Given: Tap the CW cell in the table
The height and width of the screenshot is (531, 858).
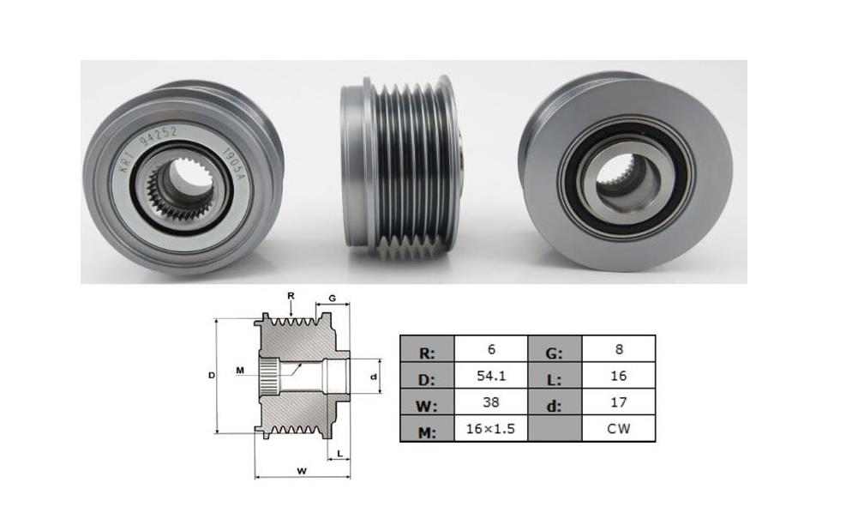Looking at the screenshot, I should pyautogui.click(x=618, y=428).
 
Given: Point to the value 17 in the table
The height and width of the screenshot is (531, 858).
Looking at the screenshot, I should pyautogui.click(x=618, y=402).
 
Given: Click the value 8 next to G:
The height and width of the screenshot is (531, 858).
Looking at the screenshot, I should pyautogui.click(x=618, y=350).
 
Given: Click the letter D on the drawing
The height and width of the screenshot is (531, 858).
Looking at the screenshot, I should pyautogui.click(x=211, y=376).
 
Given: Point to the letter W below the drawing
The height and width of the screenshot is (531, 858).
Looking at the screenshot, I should pyautogui.click(x=301, y=470).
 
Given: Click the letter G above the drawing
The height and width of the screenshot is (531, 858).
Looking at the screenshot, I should pyautogui.click(x=332, y=299).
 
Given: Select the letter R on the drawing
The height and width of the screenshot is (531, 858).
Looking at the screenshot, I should pyautogui.click(x=291, y=296).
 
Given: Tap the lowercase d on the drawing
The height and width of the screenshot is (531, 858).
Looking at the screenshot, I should pyautogui.click(x=374, y=376).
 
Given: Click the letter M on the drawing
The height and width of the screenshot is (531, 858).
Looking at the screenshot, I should pyautogui.click(x=241, y=370).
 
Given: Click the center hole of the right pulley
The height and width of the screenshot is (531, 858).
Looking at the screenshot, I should pyautogui.click(x=627, y=176).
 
